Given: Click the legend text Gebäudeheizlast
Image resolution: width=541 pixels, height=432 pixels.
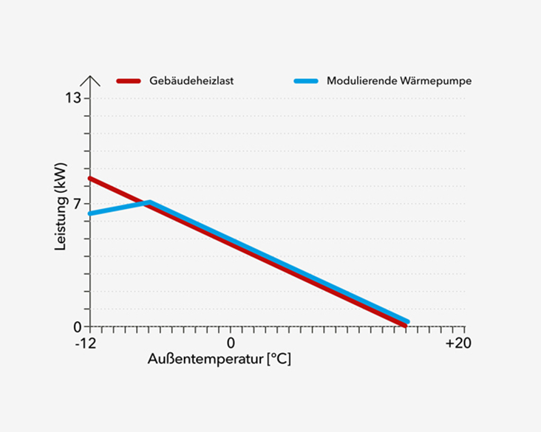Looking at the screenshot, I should coord(191,80).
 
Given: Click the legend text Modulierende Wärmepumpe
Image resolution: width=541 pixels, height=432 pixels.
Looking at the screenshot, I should coord(398,80).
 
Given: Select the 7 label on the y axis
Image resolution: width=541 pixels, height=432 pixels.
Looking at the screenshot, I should coord(76,204).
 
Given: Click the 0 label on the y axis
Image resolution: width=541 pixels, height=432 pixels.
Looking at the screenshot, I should coord(76,327).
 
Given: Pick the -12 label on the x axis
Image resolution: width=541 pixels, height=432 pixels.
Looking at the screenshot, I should coord(86,343).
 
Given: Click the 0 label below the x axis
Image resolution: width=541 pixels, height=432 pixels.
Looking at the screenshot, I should coord(230,343).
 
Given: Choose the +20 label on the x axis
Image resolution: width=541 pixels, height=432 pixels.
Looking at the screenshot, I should coord(457,343).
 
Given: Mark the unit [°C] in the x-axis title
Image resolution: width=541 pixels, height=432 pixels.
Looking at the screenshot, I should coord(279,360).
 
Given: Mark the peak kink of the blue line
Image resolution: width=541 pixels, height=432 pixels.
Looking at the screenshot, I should coord(149,202).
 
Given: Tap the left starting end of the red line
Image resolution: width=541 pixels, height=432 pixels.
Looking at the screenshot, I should coord(90,178).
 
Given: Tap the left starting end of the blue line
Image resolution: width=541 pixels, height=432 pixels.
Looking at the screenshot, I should coord(90,213).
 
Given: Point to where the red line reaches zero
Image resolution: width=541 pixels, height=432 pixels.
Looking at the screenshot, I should coord(404,326).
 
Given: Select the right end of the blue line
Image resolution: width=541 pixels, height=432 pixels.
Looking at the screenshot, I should coord(406,322).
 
